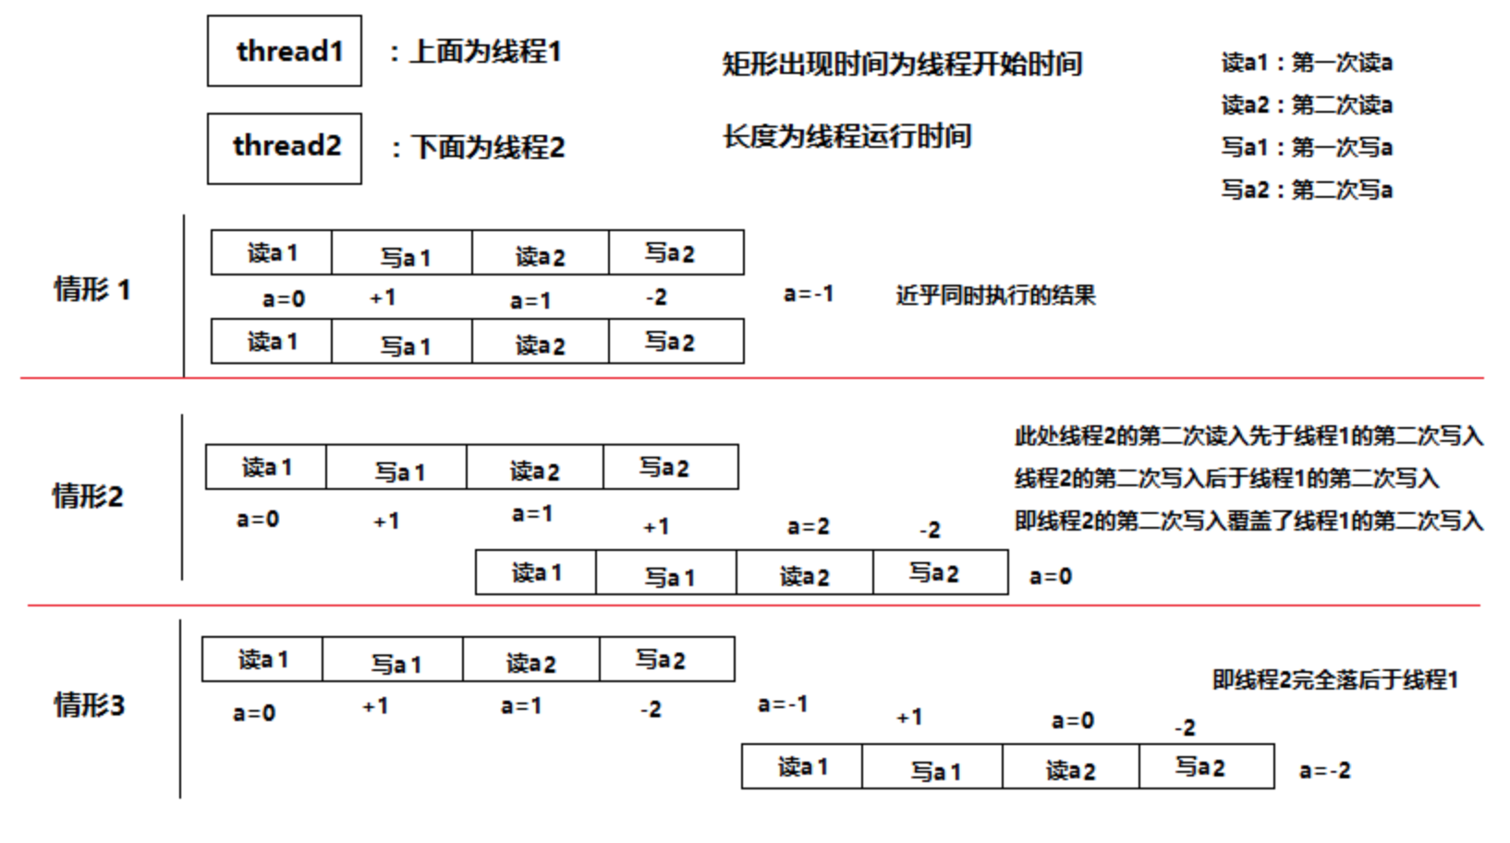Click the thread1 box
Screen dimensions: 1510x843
(x=285, y=51)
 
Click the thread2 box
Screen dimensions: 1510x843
(x=285, y=148)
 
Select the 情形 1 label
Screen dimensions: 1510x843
(x=92, y=289)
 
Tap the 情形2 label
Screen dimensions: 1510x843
(x=88, y=496)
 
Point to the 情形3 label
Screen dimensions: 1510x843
(x=90, y=705)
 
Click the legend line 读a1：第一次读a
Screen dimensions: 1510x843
(x=1307, y=63)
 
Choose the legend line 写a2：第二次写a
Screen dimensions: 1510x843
(x=1307, y=190)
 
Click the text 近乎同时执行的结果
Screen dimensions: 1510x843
(x=995, y=296)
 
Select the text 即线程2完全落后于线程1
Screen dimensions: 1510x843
(x=1334, y=680)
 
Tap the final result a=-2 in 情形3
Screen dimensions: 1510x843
(x=1324, y=770)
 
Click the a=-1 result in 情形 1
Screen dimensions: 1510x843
(x=809, y=294)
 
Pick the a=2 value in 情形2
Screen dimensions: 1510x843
(x=809, y=527)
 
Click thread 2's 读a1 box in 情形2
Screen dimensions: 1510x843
(x=536, y=573)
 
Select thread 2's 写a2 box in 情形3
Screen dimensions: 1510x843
(x=1206, y=767)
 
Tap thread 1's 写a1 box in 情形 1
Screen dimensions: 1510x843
(x=402, y=253)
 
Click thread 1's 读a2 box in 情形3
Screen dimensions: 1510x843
(x=530, y=660)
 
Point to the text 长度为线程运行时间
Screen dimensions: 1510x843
(x=847, y=137)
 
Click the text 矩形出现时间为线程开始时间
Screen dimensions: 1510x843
(x=902, y=64)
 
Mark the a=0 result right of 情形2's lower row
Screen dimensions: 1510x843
(x=1051, y=577)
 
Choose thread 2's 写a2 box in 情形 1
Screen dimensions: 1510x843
(x=676, y=342)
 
